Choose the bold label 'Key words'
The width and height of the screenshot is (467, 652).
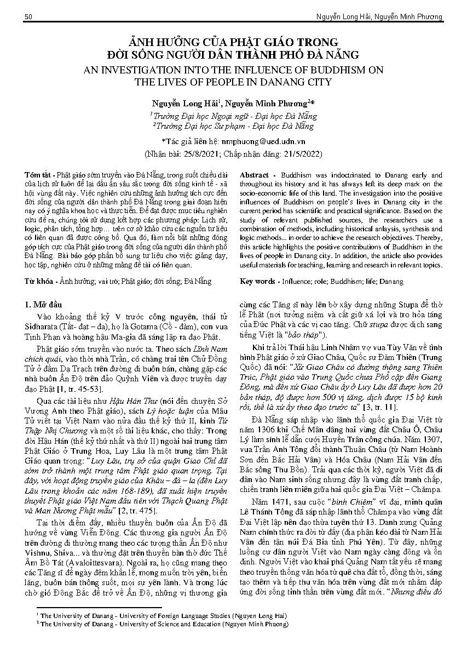pos(258,281)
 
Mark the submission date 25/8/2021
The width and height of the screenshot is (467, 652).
pos(198,152)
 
